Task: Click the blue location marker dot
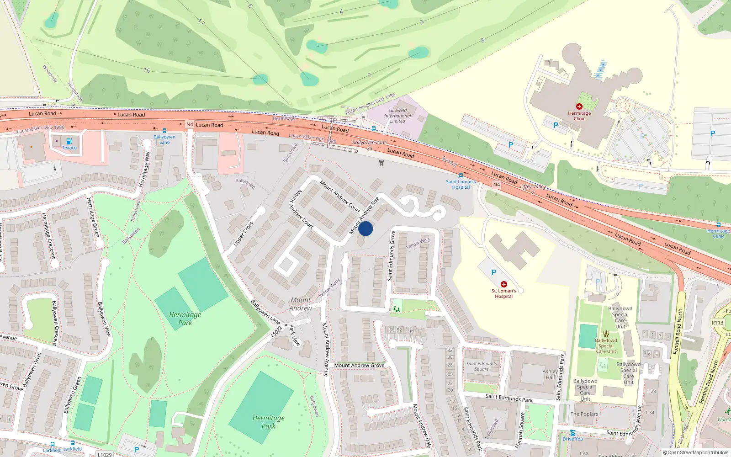point(365,228)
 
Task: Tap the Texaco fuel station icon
point(69,141)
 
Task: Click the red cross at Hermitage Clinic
point(579,106)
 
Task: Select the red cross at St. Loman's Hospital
point(504,284)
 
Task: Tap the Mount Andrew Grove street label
point(359,365)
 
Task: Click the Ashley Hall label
point(550,374)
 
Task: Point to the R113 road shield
point(717,323)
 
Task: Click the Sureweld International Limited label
point(397,116)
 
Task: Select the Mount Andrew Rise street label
point(364,215)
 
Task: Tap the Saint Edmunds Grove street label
point(391,255)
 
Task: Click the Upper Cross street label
point(243,234)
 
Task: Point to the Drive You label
point(572,439)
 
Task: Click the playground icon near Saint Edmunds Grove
point(397,309)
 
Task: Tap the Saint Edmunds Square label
point(482,366)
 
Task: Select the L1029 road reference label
point(105,454)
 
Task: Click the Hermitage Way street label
point(144,170)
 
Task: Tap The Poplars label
point(584,414)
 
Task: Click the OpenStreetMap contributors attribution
point(696,453)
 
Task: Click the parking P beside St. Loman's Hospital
point(493,272)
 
